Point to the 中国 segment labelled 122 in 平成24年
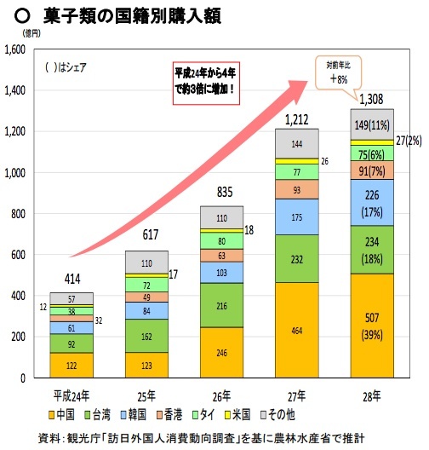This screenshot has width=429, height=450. coord(71,365)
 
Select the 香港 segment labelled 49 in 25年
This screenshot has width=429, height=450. coord(146,297)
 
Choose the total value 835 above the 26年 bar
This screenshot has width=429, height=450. coord(220,193)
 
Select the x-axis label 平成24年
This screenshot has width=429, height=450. coord(71,397)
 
